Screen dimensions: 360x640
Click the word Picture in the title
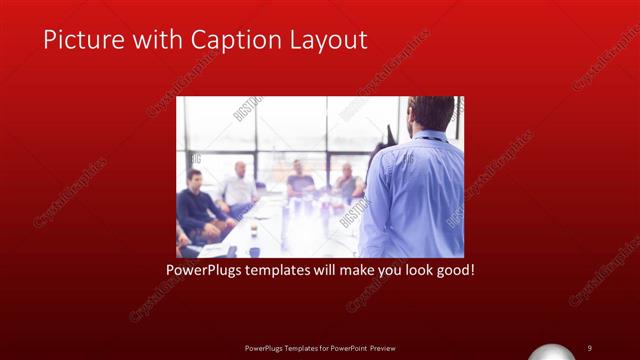pyautogui.click(x=79, y=40)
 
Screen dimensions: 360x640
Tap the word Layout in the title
pyautogui.click(x=326, y=40)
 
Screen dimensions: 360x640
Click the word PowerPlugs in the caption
pyautogui.click(x=205, y=270)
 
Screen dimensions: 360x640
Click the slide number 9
pyautogui.click(x=590, y=347)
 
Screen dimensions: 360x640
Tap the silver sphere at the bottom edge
pyautogui.click(x=556, y=353)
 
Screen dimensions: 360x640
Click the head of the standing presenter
pyautogui.click(x=432, y=113)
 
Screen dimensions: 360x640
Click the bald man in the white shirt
pyautogui.click(x=240, y=188)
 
